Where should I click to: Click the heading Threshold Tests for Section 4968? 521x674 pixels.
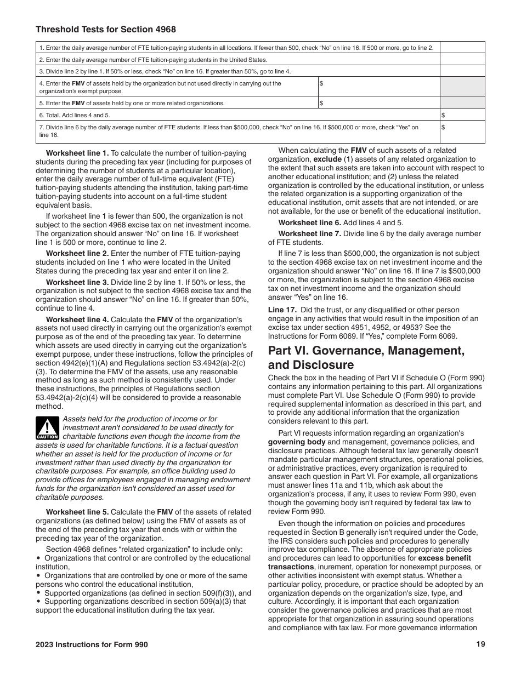click(106, 30)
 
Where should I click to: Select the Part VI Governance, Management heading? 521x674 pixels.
click(366, 357)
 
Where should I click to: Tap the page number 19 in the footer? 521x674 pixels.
click(481, 644)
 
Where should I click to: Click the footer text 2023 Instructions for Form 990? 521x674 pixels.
click(92, 644)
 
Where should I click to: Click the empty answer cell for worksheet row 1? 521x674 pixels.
click(462, 48)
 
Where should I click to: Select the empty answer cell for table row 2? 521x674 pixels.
click(462, 60)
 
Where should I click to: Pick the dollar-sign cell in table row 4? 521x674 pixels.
click(378, 87)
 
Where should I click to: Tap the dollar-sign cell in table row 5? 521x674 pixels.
click(378, 102)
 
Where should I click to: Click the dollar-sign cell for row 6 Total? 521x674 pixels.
click(462, 115)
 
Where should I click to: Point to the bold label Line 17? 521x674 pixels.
click(282, 310)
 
